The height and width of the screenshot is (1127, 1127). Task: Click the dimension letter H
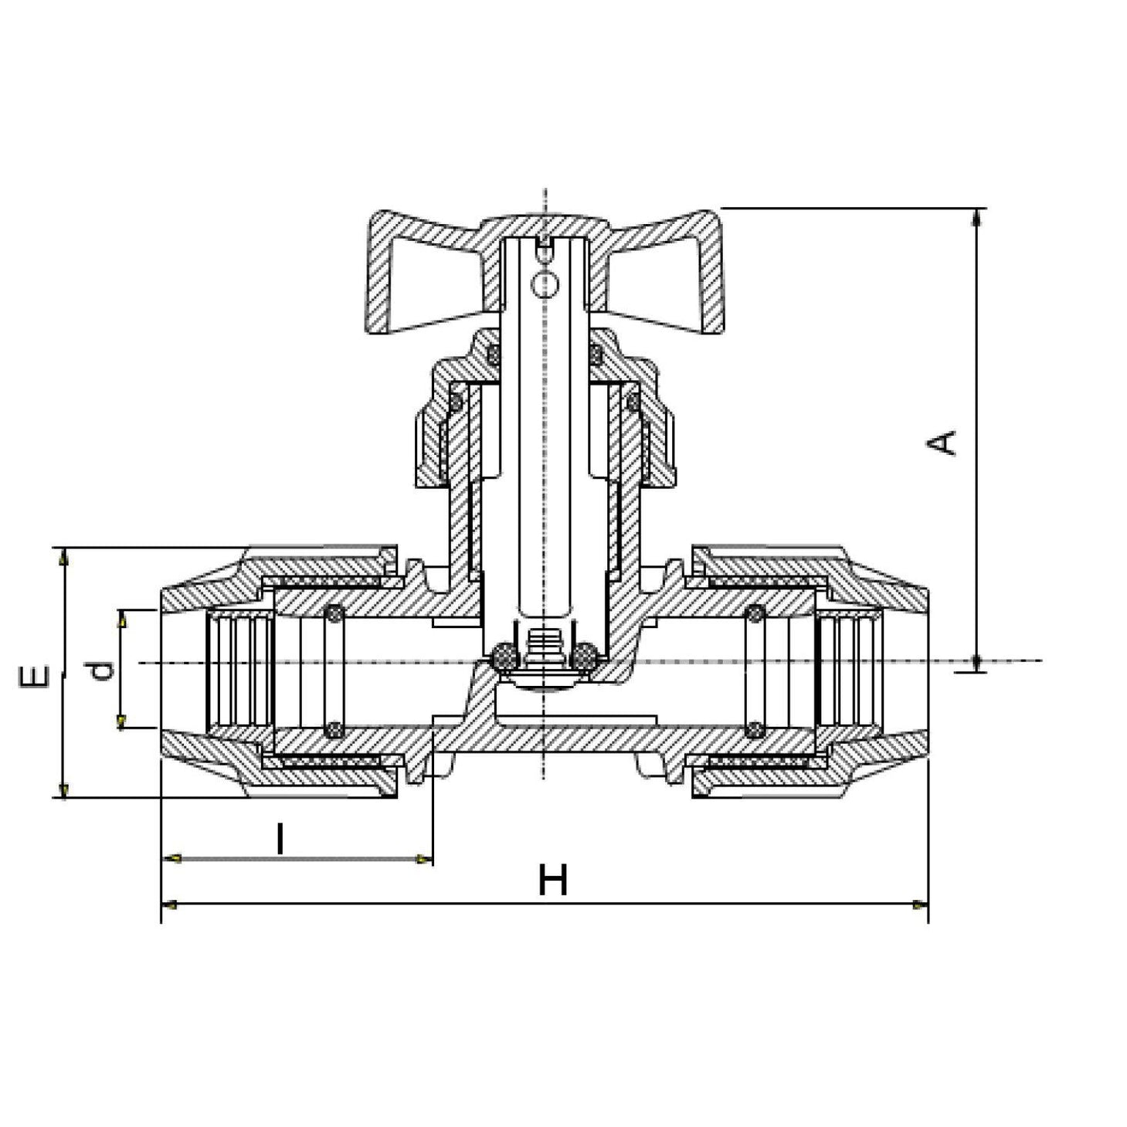click(x=553, y=881)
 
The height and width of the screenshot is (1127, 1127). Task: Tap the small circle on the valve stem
click(x=546, y=284)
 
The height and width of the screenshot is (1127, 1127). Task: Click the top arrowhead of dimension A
click(x=978, y=216)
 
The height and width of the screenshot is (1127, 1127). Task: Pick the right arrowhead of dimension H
click(x=918, y=904)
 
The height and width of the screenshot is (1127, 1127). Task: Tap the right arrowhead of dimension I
click(x=423, y=859)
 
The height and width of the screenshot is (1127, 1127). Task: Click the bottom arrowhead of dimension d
click(x=121, y=721)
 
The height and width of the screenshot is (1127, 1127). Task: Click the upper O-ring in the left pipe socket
click(x=334, y=614)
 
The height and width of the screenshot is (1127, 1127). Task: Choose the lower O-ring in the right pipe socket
click(x=755, y=728)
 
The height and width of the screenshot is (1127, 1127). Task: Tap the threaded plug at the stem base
click(x=545, y=643)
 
